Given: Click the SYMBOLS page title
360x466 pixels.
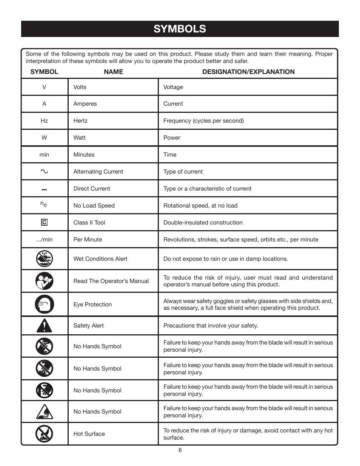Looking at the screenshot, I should coord(180,29).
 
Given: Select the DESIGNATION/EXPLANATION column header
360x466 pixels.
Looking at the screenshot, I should coord(248,72).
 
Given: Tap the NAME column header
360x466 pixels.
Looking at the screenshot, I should coord(113,72).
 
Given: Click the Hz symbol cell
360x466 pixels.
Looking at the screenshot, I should coord(44,121).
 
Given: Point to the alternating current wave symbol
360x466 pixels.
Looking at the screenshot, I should coord(44,171).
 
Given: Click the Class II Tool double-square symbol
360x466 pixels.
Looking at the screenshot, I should coord(44,222).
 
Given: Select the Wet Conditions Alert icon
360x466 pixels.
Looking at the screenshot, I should coord(44,259).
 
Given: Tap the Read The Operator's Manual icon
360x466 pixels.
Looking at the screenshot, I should coord(44,281).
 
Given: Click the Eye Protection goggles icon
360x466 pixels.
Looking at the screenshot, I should coord(44,304).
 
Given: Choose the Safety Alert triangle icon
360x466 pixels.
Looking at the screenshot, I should coord(44,325).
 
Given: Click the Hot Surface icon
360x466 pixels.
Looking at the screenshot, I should coord(44,434).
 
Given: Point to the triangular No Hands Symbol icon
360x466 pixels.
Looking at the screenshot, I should coord(44,412).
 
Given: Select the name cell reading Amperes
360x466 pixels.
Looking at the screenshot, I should coord(85,104).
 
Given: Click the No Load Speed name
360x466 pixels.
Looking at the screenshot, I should coord(94,206).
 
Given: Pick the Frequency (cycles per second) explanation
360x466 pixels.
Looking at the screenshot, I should coord(203,121).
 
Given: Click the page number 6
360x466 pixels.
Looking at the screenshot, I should coord(180,450).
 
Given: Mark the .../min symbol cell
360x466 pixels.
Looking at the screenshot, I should coord(44,240).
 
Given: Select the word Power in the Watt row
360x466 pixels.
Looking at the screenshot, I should coord(172,138).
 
